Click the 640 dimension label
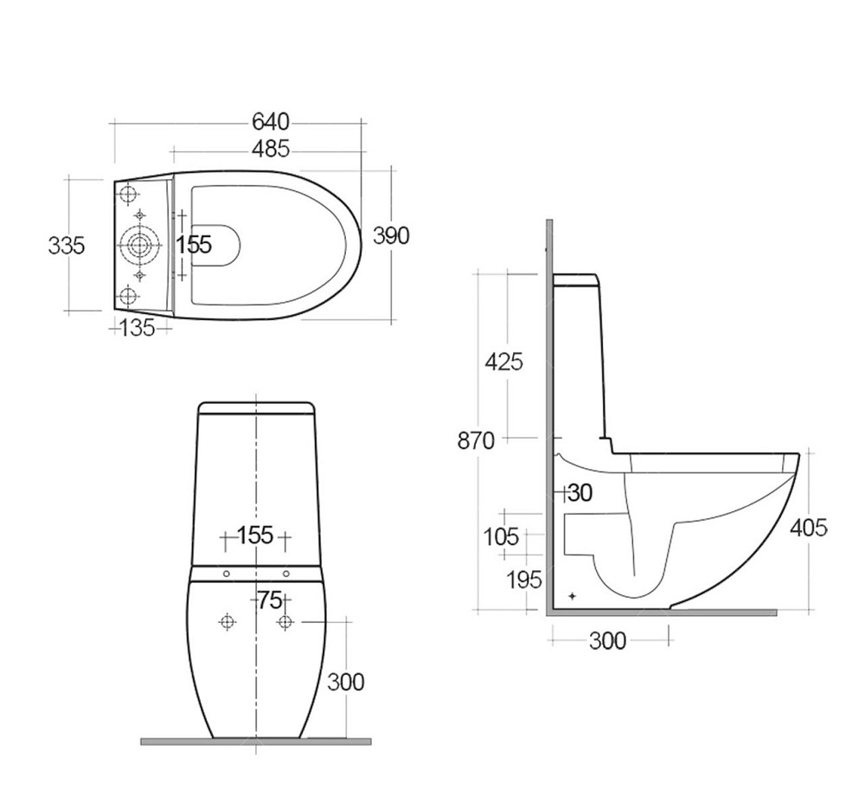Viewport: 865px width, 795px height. pos(270,122)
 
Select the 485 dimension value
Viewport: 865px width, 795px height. pos(270,149)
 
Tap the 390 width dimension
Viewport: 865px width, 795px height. pos(391,235)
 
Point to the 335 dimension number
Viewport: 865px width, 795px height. pos(67,246)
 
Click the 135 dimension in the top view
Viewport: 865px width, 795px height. pos(138,328)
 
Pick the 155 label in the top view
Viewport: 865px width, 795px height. pos(194,245)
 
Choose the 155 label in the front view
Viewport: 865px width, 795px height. pos(255,535)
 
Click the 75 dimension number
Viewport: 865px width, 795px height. pos(270,600)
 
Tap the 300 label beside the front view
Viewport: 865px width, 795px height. pos(346,683)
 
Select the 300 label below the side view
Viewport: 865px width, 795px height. pos(608,641)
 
